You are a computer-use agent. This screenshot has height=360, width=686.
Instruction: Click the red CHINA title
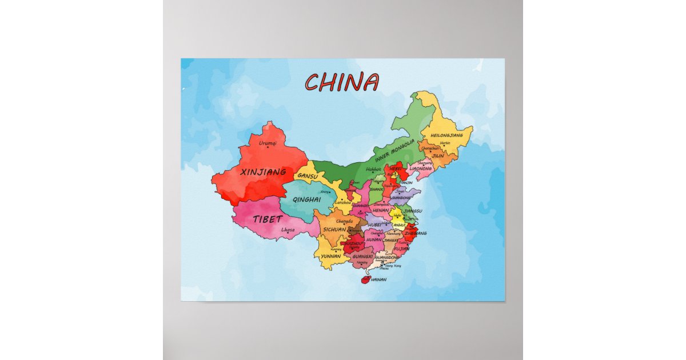click(341, 82)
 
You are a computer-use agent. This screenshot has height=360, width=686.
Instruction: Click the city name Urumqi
click(268, 143)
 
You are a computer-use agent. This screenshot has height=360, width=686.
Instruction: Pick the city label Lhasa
click(288, 230)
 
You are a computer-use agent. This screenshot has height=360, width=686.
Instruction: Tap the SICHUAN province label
click(334, 229)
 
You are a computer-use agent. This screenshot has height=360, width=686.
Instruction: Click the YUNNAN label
click(331, 256)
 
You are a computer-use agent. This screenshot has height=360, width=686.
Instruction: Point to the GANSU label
click(308, 176)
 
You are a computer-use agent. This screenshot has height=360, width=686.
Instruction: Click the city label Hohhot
click(373, 169)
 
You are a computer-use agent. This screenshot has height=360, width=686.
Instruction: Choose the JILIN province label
click(438, 155)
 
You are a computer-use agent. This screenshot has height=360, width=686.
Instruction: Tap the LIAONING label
click(421, 169)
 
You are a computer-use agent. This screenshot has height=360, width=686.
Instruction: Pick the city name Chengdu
click(344, 221)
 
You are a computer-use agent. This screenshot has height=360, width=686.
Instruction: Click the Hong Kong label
click(393, 266)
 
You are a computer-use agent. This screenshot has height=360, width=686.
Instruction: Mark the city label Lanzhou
click(342, 202)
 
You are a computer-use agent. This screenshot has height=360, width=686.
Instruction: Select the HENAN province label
click(380, 210)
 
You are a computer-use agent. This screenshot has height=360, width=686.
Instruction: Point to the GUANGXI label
click(362, 257)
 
